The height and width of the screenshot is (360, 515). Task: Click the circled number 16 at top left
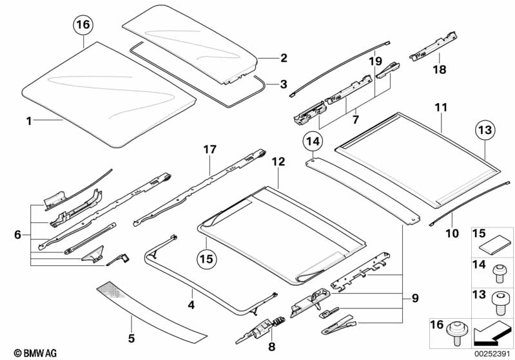84,26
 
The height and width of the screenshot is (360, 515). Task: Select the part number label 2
284,58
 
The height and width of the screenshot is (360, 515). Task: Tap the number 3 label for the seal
284,84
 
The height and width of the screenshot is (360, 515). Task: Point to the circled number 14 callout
313,141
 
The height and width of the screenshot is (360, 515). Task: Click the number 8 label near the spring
271,346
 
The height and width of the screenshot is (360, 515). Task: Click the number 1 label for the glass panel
28,120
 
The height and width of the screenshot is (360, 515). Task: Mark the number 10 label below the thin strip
452,233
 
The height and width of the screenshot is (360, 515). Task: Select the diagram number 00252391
491,354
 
